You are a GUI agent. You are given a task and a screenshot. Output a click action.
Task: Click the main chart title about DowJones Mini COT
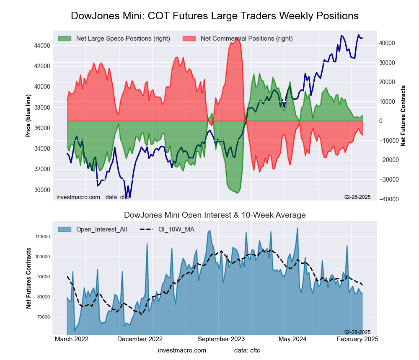coord(215,16)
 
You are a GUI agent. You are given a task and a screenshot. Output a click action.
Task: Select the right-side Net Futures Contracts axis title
coord(403,116)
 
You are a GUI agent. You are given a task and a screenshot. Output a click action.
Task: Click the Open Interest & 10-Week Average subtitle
coord(215,215)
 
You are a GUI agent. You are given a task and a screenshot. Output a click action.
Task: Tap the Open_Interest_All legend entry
coord(101,229)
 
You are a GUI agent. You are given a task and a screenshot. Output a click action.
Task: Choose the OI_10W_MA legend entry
coord(176,229)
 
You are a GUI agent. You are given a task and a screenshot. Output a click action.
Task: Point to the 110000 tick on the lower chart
coord(42,237)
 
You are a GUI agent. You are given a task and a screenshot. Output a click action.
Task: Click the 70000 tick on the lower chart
coord(43,317)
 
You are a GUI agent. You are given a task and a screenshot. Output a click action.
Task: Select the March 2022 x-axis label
coord(71,339)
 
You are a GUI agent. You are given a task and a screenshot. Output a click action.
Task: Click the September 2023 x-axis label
coord(221,339)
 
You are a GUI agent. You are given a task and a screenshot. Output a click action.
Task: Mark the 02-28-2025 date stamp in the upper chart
coord(357,197)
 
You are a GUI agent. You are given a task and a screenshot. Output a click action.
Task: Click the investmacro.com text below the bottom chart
coord(182,350)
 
